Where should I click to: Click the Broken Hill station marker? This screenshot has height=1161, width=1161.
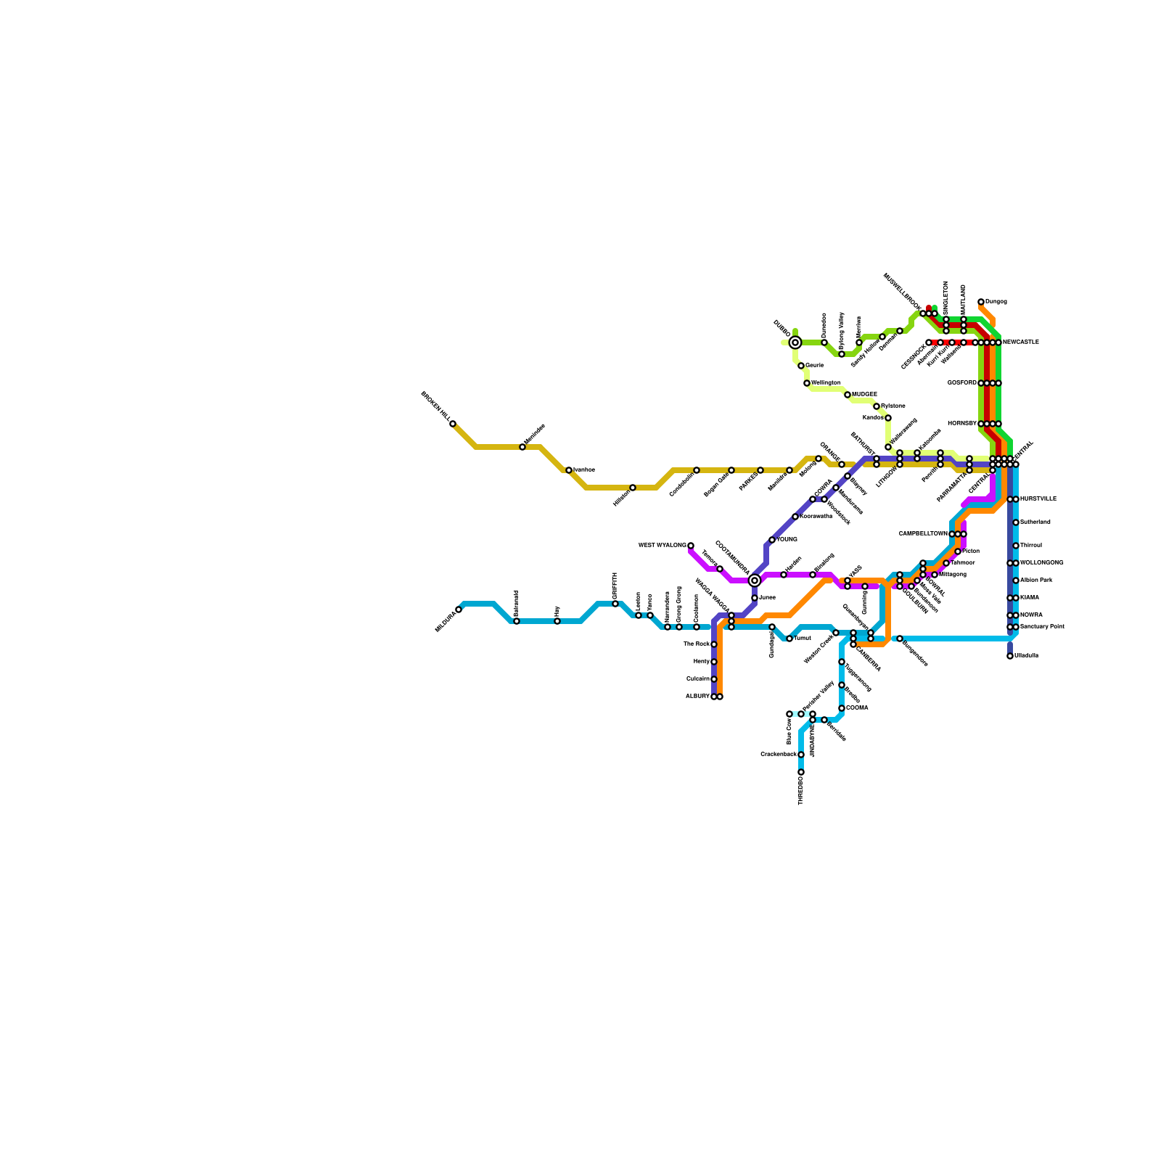pyautogui.click(x=453, y=424)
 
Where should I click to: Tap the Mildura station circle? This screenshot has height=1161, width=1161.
pyautogui.click(x=459, y=610)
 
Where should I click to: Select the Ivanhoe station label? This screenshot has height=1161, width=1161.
pyautogui.click(x=584, y=470)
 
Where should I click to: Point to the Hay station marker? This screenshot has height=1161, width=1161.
pyautogui.click(x=557, y=621)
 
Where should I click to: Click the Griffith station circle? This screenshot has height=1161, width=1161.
pyautogui.click(x=615, y=604)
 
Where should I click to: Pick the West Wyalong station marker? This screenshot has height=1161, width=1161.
pyautogui.click(x=691, y=546)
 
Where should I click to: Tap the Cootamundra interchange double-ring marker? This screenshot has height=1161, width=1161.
pyautogui.click(x=755, y=580)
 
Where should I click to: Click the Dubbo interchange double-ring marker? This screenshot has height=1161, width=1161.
pyautogui.click(x=795, y=342)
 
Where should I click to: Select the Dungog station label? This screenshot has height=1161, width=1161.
pyautogui.click(x=996, y=302)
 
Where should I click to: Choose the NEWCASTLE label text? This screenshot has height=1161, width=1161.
pyautogui.click(x=1021, y=342)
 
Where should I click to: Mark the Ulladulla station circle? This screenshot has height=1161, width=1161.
pyautogui.click(x=1010, y=656)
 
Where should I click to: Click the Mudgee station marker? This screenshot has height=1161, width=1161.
pyautogui.click(x=848, y=395)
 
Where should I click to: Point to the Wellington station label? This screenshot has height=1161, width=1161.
pyautogui.click(x=826, y=383)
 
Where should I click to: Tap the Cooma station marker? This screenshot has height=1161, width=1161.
pyautogui.click(x=842, y=708)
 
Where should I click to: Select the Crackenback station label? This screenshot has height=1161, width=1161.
pyautogui.click(x=778, y=755)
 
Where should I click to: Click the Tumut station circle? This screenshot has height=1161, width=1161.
pyautogui.click(x=789, y=639)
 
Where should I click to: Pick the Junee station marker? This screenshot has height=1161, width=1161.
pyautogui.click(x=755, y=598)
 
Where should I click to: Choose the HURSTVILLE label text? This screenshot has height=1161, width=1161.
pyautogui.click(x=1038, y=499)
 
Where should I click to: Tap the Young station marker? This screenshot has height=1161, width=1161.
pyautogui.click(x=772, y=540)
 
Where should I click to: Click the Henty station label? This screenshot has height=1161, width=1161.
pyautogui.click(x=702, y=662)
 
